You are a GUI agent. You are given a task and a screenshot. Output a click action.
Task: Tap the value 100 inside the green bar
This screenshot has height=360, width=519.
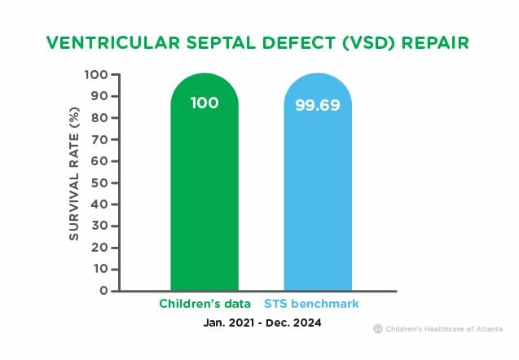tap(205, 103)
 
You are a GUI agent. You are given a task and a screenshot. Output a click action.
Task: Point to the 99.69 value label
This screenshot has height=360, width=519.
tap(318, 105)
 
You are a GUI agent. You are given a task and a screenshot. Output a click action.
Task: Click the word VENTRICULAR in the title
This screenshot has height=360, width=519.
tap(113, 42)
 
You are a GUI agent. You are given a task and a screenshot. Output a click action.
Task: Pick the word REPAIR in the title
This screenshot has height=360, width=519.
tap(435, 42)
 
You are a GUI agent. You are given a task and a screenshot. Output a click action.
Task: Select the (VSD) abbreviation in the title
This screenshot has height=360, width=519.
tap(369, 43)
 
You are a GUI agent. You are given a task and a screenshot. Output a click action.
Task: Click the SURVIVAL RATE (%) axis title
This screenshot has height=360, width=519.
tap(74, 173)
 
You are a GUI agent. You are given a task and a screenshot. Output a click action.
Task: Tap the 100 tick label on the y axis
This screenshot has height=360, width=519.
tap(96, 75)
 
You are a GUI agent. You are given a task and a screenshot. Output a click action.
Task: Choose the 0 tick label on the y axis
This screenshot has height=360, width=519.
tap(104, 291)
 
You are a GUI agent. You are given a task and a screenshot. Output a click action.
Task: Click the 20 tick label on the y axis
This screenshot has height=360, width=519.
tap(99, 248)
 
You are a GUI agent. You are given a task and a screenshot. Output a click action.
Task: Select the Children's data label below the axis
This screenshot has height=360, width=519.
tap(205, 304)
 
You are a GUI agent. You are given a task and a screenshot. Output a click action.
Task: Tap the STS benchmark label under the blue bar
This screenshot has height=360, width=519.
tap(311, 304)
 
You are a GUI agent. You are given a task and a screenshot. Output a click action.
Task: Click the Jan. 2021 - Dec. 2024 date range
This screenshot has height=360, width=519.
tap(262, 323)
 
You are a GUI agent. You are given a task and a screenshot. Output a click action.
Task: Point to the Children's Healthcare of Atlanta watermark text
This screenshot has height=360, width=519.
tap(444, 329)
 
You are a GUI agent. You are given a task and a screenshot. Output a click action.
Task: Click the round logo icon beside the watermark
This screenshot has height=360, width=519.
tap(378, 329)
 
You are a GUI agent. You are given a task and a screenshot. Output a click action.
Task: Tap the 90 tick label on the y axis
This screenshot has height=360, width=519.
tap(99, 96)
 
